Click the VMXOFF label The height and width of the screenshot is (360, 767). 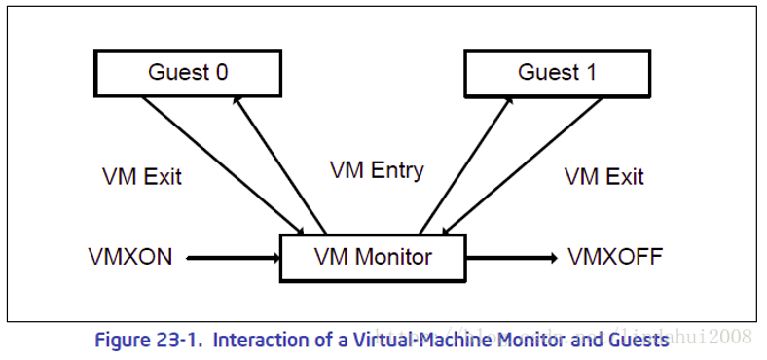pos(614,258)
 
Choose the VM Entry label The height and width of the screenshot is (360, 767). pos(377,171)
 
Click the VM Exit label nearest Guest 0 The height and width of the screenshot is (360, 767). pos(142,177)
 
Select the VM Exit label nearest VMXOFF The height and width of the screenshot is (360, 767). pos(603,177)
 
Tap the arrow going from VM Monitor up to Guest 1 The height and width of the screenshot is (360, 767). pos(466,161)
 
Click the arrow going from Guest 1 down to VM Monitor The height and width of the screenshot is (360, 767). pos(526,162)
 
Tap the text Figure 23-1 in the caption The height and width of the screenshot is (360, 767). pos(147,341)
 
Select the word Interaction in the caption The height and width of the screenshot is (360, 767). pos(258,341)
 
